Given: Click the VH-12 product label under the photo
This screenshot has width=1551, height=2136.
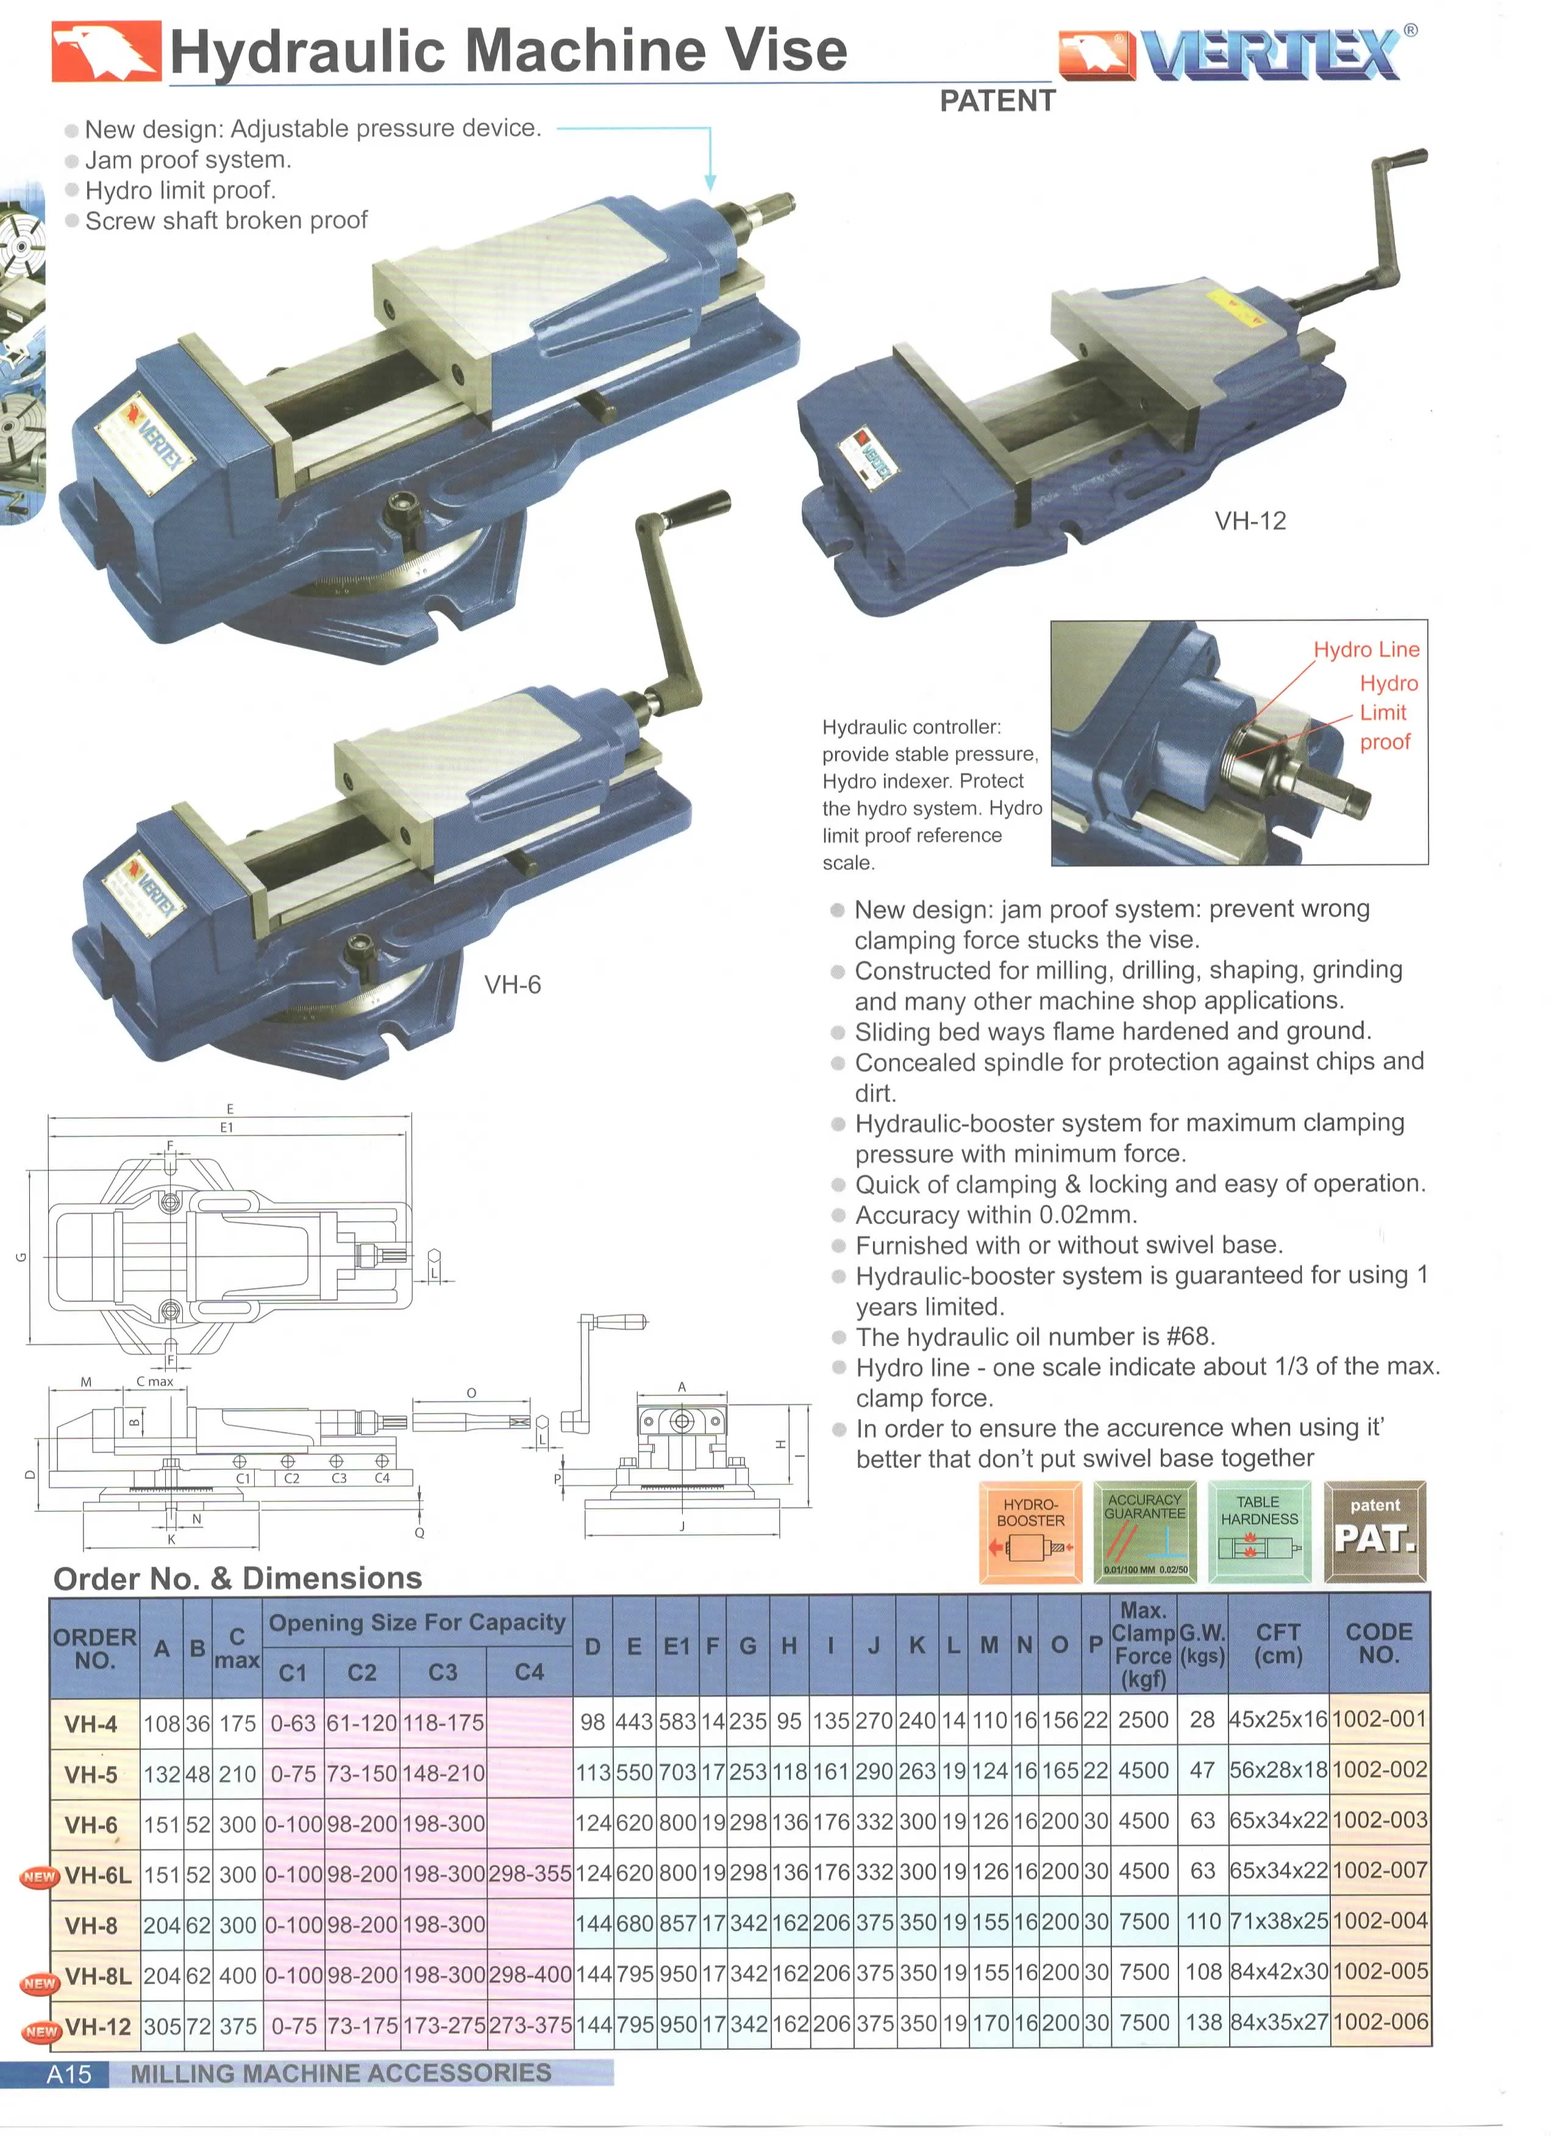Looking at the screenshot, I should [x=1250, y=521].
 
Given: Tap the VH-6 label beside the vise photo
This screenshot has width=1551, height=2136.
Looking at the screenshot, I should [x=512, y=985].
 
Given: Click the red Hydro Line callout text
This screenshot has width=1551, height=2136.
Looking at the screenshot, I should [x=1366, y=649].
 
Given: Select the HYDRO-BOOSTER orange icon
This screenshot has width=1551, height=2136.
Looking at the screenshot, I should [x=1030, y=1531].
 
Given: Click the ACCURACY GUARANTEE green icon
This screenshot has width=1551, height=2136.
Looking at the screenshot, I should [x=1145, y=1531].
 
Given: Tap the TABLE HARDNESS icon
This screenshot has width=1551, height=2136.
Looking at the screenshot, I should [x=1259, y=1531].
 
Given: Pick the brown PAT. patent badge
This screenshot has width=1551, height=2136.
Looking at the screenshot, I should [x=1374, y=1531].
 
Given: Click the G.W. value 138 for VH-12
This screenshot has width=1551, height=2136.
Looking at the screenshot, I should [x=1202, y=2022].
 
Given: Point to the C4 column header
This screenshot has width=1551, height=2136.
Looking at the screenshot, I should [x=529, y=1671].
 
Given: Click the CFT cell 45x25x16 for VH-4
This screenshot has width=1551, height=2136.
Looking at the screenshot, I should [x=1278, y=1720].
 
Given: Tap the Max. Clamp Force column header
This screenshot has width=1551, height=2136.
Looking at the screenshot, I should [x=1143, y=1645].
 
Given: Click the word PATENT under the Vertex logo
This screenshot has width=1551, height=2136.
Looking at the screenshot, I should [x=997, y=101].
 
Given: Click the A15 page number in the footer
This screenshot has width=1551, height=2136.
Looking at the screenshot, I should [x=69, y=2074].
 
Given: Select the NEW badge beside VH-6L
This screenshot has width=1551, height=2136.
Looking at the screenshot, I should [x=40, y=1877].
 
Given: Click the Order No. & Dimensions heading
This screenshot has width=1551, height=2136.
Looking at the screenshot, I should [x=237, y=1578].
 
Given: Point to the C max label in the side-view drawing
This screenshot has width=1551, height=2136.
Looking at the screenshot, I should [x=154, y=1381].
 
